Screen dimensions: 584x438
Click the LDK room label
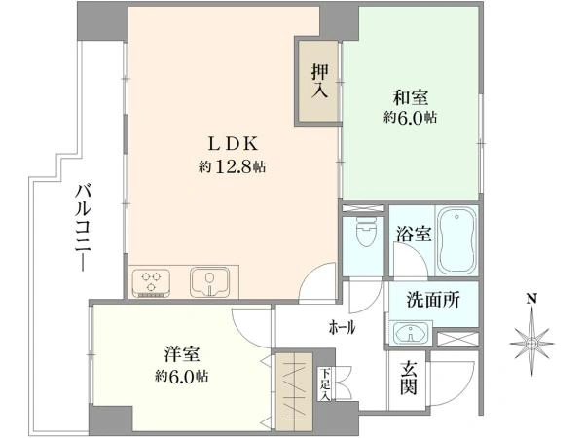pyautogui.click(x=233, y=144)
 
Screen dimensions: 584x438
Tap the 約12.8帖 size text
pyautogui.click(x=232, y=166)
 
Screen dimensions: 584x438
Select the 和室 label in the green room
pyautogui.click(x=411, y=97)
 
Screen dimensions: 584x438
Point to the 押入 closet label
pyautogui.click(x=319, y=81)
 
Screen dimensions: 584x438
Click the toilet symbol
pyautogui.click(x=365, y=231)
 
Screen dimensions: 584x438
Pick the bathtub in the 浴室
pyautogui.click(x=456, y=240)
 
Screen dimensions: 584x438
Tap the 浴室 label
pyautogui.click(x=414, y=235)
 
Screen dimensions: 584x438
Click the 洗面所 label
pyautogui.click(x=433, y=300)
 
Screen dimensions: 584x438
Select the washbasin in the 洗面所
pyautogui.click(x=411, y=333)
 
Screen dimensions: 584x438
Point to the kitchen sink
pyautogui.click(x=209, y=282)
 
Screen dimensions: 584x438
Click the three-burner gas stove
pyautogui.click(x=151, y=282)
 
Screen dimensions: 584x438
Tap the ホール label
pyautogui.click(x=342, y=328)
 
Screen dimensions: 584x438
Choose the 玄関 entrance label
pyautogui.click(x=408, y=379)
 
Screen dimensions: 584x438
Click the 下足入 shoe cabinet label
pyautogui.click(x=326, y=384)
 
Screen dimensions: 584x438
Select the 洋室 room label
pyautogui.click(x=182, y=354)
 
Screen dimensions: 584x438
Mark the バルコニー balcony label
pyautogui.click(x=84, y=228)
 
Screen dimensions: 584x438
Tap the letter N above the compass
pyautogui.click(x=531, y=299)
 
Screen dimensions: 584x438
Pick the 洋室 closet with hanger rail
pyautogui.click(x=294, y=392)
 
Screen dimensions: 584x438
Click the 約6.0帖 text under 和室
pyautogui.click(x=410, y=118)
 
